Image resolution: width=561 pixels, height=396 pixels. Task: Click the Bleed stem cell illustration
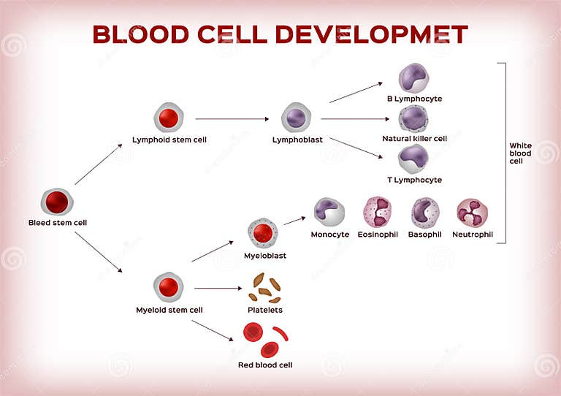(x=57, y=202)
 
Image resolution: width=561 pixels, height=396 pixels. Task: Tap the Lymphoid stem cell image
(x=169, y=118)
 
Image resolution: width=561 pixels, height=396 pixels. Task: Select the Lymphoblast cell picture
(x=297, y=118)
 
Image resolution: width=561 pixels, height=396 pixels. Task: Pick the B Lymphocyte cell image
(x=414, y=77)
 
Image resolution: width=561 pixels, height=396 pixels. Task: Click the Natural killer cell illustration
(x=413, y=118)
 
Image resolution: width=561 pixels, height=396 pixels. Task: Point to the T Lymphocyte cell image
(x=413, y=159)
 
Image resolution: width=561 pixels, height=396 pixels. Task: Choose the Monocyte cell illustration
(x=329, y=212)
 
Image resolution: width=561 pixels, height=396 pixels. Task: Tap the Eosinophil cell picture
(x=378, y=212)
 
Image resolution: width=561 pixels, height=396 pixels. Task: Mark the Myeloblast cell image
(x=263, y=234)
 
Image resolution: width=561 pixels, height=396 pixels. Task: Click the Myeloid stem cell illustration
(x=169, y=287)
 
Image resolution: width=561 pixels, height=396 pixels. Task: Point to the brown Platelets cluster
(x=264, y=288)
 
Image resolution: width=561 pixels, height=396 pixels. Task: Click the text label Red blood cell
(x=264, y=365)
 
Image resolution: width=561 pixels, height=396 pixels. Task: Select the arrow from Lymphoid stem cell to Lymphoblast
(x=232, y=118)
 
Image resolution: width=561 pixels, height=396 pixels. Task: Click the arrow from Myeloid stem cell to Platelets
(x=217, y=288)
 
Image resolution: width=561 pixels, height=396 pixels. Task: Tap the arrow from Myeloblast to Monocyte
(x=294, y=220)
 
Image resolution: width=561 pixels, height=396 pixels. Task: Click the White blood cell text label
(x=521, y=153)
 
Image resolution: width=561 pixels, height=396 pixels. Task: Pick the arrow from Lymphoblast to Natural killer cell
(x=354, y=118)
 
